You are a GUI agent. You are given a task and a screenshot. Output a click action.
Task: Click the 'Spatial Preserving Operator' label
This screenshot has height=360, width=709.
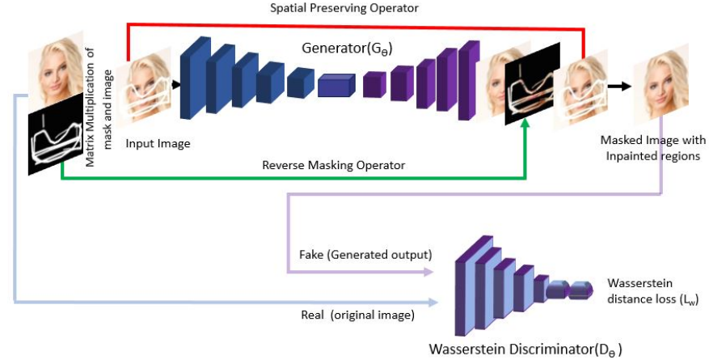(x=344, y=8)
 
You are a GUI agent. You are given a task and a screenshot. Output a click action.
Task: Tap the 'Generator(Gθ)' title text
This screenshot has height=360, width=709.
(x=347, y=49)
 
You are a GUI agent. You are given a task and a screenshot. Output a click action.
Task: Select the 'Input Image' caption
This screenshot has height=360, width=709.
(x=158, y=144)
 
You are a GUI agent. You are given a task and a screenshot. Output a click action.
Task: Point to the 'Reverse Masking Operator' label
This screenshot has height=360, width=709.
(x=334, y=165)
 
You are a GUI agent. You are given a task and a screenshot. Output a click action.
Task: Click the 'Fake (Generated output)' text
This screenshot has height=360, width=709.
(x=365, y=255)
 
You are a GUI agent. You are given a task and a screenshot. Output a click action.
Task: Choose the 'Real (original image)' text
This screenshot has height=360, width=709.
(x=357, y=315)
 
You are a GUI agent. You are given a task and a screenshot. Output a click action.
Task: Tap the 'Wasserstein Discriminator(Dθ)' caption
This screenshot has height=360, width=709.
(x=525, y=349)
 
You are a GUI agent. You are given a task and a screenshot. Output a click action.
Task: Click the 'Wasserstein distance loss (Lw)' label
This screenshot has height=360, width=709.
(x=652, y=291)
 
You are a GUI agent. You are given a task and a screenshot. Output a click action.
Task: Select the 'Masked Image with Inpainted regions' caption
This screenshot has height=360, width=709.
(x=652, y=148)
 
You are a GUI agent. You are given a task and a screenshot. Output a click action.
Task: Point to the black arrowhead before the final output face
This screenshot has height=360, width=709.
(x=626, y=86)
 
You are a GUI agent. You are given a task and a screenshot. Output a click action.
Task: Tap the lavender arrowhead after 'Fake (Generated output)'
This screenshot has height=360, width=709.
(x=428, y=272)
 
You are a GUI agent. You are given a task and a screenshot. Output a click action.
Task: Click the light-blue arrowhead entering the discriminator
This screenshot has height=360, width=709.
(x=433, y=302)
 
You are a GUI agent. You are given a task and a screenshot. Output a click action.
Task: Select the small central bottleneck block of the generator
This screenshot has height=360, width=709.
(x=336, y=86)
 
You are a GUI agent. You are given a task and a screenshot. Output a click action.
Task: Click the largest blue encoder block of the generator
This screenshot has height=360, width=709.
(x=196, y=78)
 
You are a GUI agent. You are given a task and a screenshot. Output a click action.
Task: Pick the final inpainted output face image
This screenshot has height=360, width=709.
(x=660, y=85)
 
